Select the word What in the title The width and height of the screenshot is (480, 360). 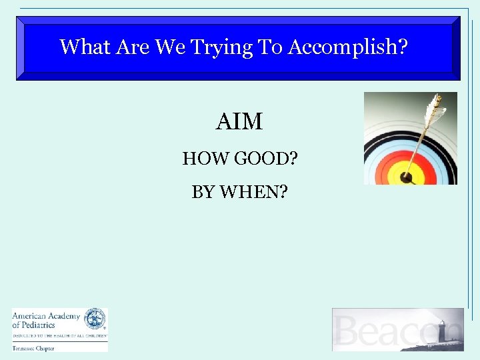click(85, 47)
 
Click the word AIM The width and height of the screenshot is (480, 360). click(239, 122)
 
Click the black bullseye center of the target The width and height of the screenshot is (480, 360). click(406, 178)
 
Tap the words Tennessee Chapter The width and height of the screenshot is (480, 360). click(31, 347)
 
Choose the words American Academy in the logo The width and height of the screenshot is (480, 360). click(46, 316)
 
